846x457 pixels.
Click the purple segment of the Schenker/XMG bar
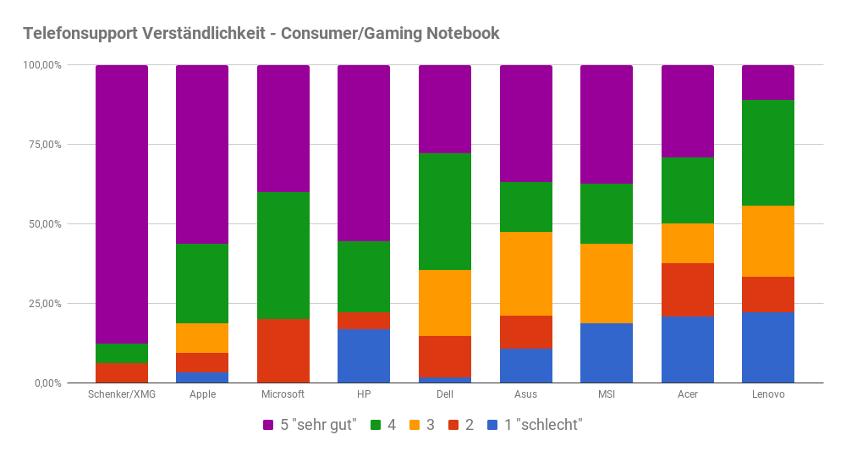[x=122, y=203]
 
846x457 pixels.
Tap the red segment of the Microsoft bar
[x=283, y=350]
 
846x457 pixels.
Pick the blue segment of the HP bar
[x=364, y=355]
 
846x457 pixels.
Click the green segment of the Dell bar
[x=445, y=212]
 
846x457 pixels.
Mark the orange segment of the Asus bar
[x=525, y=273]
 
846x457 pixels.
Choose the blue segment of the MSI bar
[x=607, y=353]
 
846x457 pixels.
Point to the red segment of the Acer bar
[x=687, y=289]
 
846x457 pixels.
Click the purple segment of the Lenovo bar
[x=768, y=82]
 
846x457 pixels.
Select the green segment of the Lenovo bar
[x=768, y=152]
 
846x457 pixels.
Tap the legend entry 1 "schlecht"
[x=535, y=425]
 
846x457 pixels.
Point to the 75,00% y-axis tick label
[x=42, y=145]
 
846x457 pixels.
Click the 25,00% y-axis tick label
[x=42, y=304]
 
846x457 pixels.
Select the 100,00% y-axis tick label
[x=41, y=65]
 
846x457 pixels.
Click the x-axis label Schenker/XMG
[x=122, y=394]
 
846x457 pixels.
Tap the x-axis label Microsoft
[x=283, y=394]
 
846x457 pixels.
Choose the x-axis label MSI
[x=607, y=394]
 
